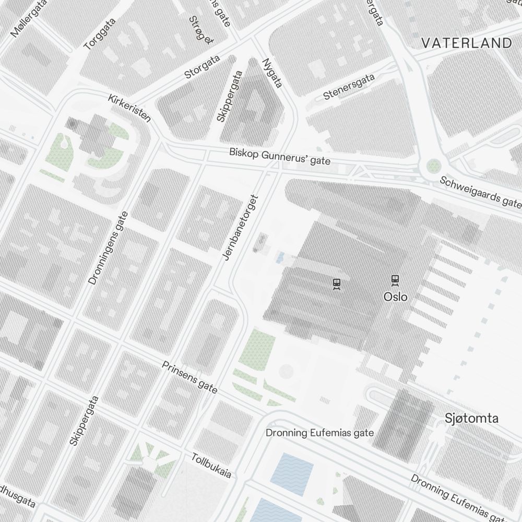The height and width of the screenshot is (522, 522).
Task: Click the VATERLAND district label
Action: point(466,43)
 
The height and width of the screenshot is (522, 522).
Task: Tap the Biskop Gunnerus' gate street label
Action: point(280,157)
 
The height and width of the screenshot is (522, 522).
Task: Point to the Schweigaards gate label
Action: point(480,191)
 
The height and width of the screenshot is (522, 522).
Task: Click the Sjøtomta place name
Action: point(471,418)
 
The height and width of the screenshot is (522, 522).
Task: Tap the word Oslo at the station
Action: point(395,296)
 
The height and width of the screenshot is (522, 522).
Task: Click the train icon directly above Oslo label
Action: point(395,280)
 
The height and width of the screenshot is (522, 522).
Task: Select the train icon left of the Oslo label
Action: point(337,284)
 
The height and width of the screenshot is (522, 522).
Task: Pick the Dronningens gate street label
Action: point(108,248)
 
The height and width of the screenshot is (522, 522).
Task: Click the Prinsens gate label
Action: point(189,377)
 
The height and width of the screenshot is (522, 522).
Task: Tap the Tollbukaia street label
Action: point(211,465)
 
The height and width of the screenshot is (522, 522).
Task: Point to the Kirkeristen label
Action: point(129,108)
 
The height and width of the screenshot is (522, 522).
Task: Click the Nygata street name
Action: point(272,73)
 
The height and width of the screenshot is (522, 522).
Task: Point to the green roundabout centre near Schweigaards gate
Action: point(434,167)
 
